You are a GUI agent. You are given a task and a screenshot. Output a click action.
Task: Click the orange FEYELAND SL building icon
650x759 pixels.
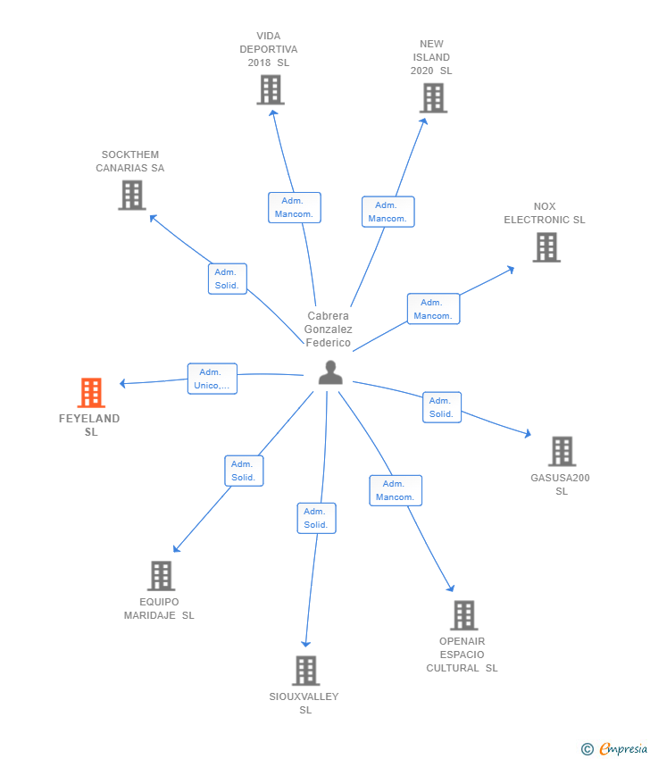[x=91, y=393]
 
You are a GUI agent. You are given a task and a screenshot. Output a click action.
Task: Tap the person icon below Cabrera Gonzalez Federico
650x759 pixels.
[x=330, y=372]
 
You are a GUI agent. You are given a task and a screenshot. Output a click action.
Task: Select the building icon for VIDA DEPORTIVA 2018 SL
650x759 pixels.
[x=271, y=89]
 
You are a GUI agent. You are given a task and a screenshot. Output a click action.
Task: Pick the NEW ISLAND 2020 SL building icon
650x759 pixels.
[x=433, y=98]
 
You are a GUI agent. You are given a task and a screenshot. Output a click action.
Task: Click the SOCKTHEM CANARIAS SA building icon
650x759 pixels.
[x=132, y=195]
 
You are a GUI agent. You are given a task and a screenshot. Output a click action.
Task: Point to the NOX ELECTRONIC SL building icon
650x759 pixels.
[x=546, y=246]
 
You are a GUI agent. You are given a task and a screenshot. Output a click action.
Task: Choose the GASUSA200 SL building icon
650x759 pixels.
[x=562, y=451]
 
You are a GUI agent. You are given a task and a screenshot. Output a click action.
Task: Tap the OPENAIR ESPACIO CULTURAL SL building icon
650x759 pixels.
[x=464, y=615]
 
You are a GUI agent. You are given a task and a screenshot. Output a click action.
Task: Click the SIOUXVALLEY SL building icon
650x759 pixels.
[x=306, y=671]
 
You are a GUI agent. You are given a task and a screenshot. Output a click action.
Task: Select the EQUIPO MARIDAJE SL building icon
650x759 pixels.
[x=162, y=576]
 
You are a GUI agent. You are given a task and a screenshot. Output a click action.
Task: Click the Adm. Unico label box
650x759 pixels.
[x=212, y=379]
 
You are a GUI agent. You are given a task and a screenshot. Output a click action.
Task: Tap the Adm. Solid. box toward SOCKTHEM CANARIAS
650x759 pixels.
[x=228, y=279]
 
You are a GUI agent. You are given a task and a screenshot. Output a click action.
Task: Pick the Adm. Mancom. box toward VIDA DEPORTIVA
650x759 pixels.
[x=295, y=208]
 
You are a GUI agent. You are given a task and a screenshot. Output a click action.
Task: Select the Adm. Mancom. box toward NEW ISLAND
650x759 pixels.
[x=388, y=212]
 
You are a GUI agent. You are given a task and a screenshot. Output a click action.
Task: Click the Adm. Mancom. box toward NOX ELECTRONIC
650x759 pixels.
[x=434, y=309]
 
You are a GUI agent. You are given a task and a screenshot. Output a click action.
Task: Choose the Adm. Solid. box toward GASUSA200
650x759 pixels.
[x=442, y=407]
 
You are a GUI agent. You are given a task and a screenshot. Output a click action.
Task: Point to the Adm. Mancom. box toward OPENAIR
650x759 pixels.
[x=396, y=490]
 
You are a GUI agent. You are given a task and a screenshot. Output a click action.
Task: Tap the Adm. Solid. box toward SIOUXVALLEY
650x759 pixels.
[x=317, y=518]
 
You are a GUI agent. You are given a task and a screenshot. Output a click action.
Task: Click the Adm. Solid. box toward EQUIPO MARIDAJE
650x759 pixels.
[x=244, y=471]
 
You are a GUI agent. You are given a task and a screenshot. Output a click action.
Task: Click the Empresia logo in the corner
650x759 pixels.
[x=614, y=749]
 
